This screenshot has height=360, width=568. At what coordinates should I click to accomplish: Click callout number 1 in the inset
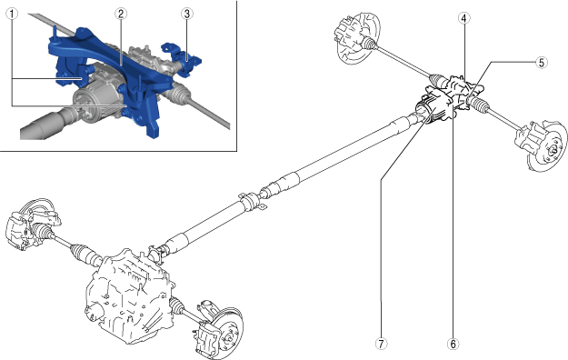click(x=12, y=15)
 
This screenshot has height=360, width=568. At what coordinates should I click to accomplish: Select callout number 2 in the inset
click(x=121, y=15)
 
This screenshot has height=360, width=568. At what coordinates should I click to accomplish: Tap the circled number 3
click(x=186, y=15)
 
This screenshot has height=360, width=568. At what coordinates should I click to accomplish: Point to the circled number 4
click(x=464, y=18)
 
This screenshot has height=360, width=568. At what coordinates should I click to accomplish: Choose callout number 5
click(x=542, y=63)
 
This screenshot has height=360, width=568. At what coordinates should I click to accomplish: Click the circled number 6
click(x=453, y=344)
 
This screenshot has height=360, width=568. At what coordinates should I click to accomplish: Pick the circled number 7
click(x=381, y=344)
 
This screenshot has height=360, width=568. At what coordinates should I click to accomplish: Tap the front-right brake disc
click(x=227, y=331)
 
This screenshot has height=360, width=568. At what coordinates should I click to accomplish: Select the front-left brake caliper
click(x=17, y=228)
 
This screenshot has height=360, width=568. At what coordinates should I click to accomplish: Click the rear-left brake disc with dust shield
click(x=359, y=38)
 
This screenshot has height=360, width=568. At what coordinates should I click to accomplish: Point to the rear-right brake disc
click(x=548, y=146)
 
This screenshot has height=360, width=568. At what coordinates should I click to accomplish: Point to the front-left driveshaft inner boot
click(x=84, y=253)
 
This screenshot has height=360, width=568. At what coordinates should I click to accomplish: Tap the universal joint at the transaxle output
click(x=159, y=251)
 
